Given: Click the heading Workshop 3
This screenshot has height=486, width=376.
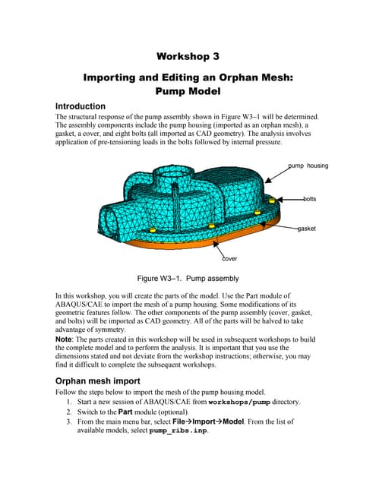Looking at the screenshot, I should pyautogui.click(x=188, y=56).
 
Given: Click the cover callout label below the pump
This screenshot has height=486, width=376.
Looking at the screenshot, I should pyautogui.click(x=229, y=258).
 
